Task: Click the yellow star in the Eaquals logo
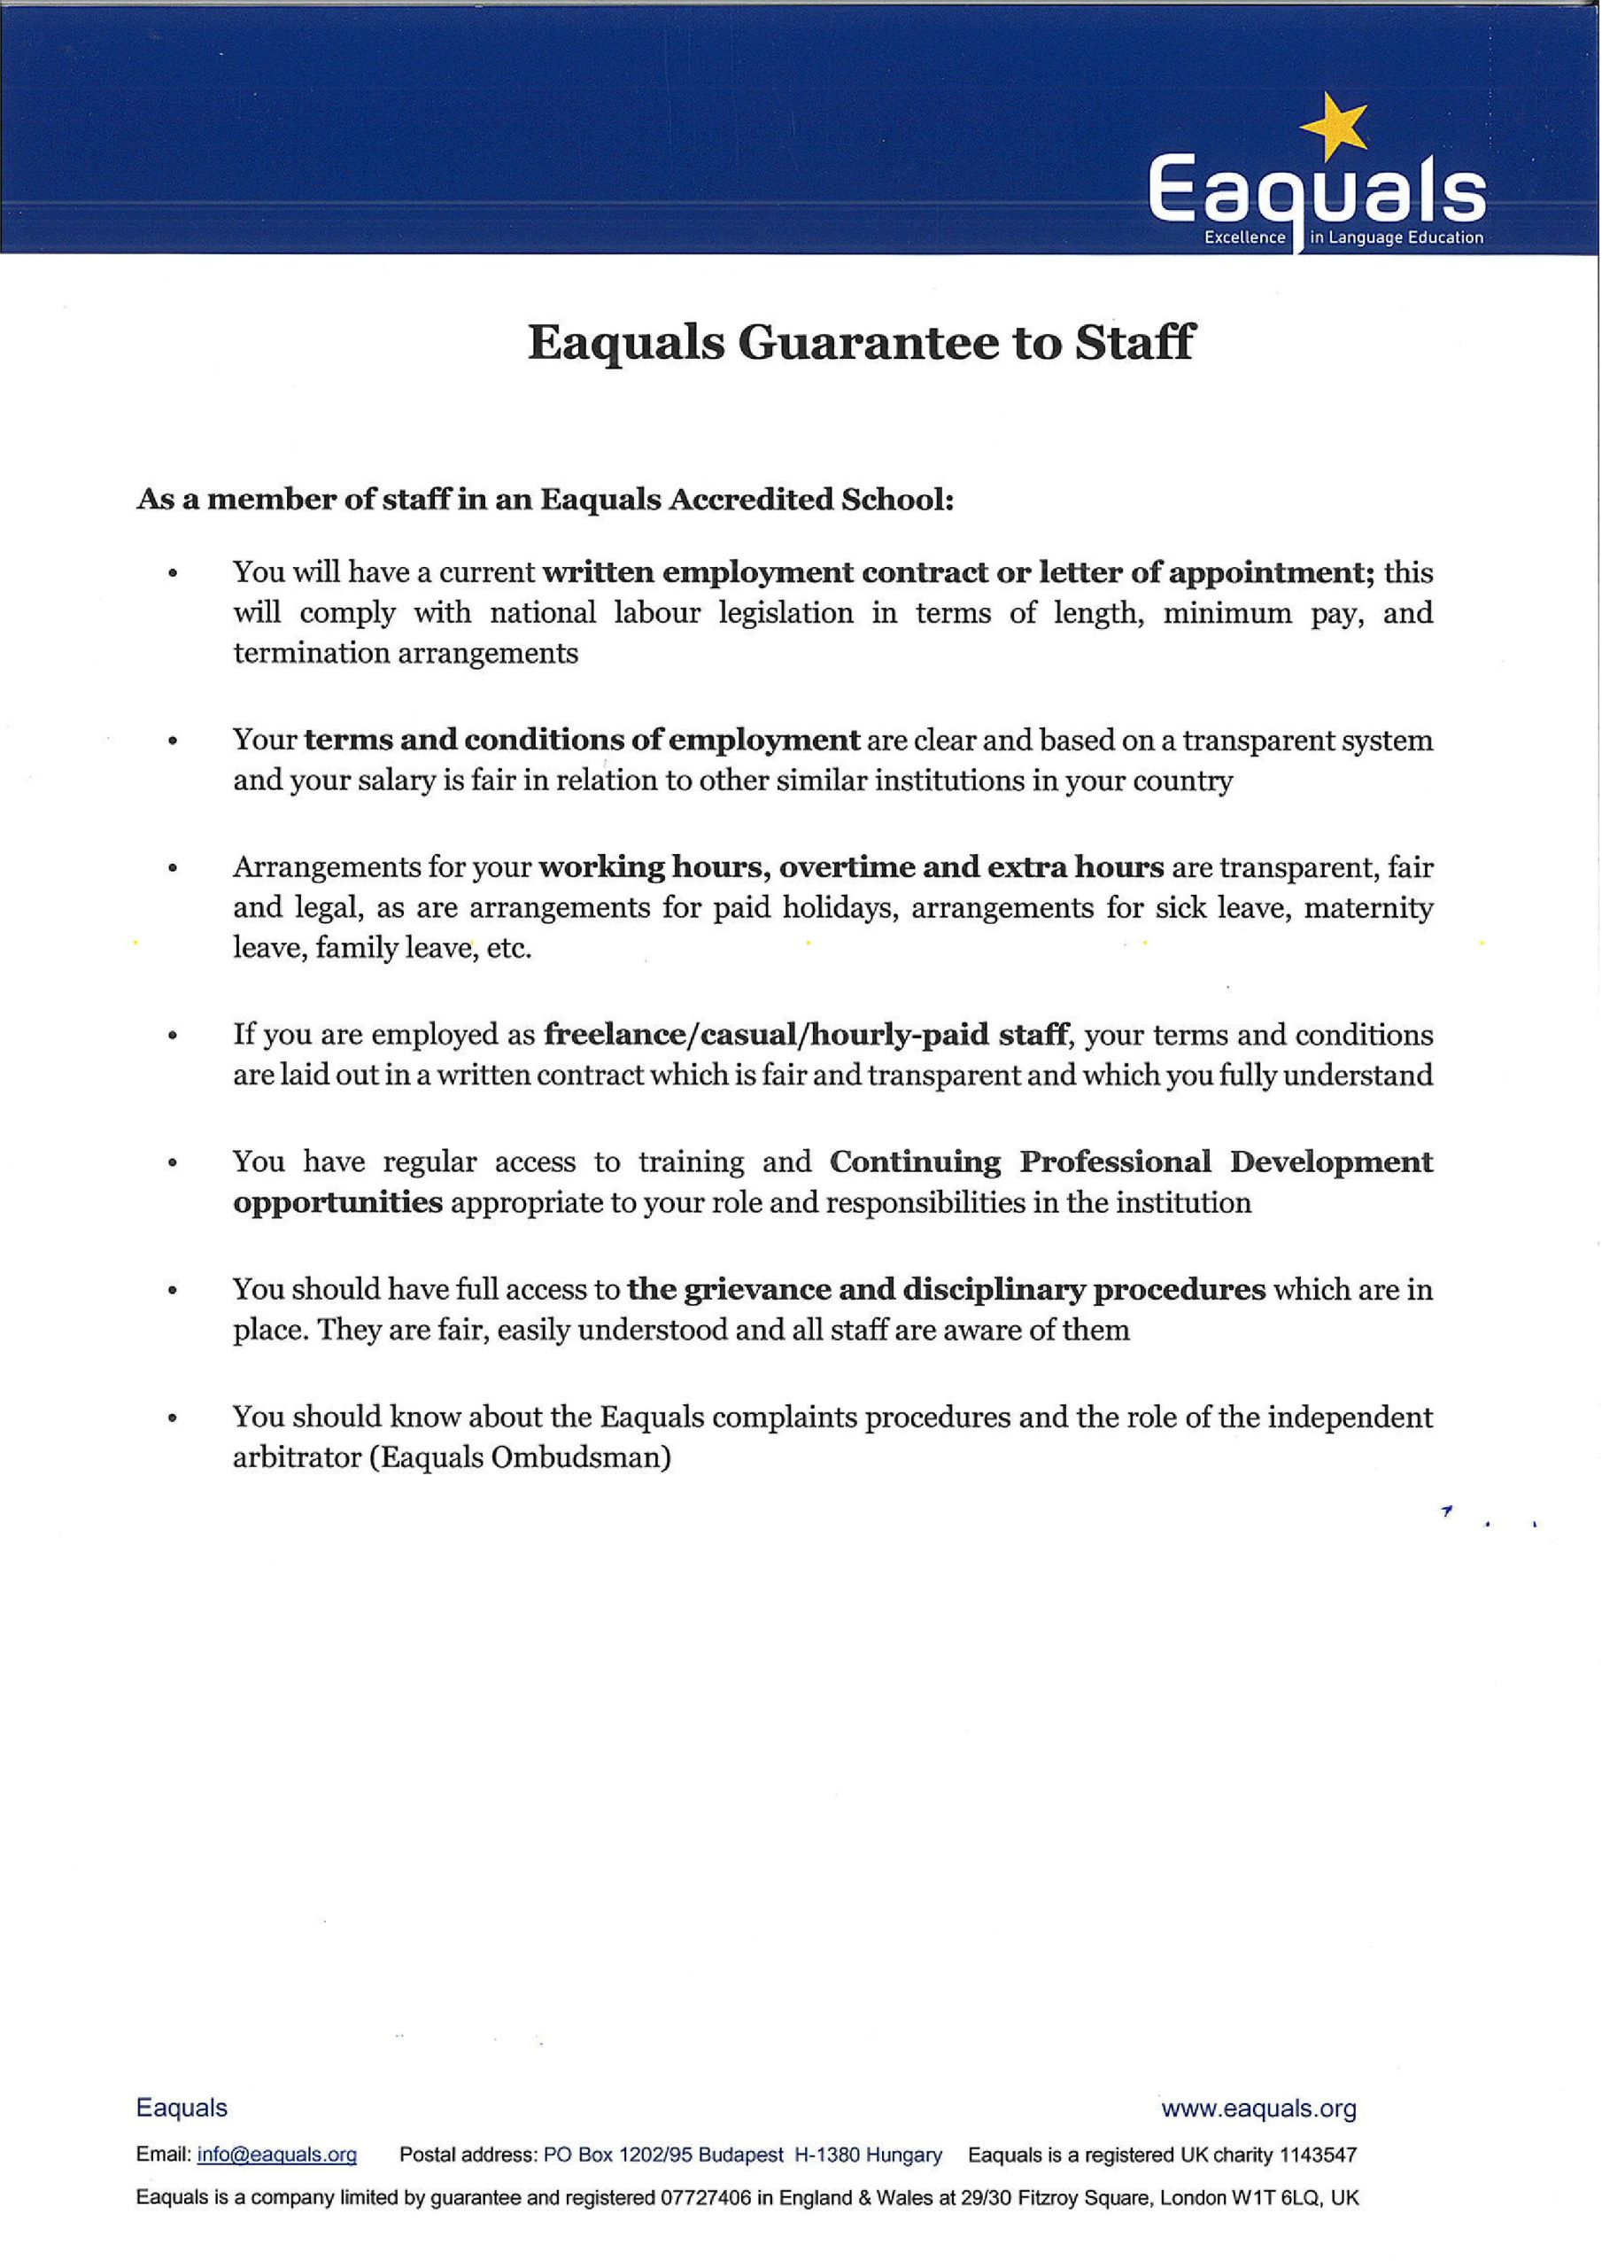click(x=1335, y=128)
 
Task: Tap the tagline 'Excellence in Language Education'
click(x=1343, y=238)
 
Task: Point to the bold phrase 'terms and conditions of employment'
click(x=582, y=740)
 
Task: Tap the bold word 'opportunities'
click(x=337, y=1203)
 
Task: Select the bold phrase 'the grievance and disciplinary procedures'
click(x=946, y=1289)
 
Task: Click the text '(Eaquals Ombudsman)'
click(x=521, y=1458)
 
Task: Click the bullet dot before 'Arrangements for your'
click(x=174, y=869)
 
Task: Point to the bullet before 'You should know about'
click(x=174, y=1418)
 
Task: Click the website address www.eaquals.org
click(x=1258, y=2109)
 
